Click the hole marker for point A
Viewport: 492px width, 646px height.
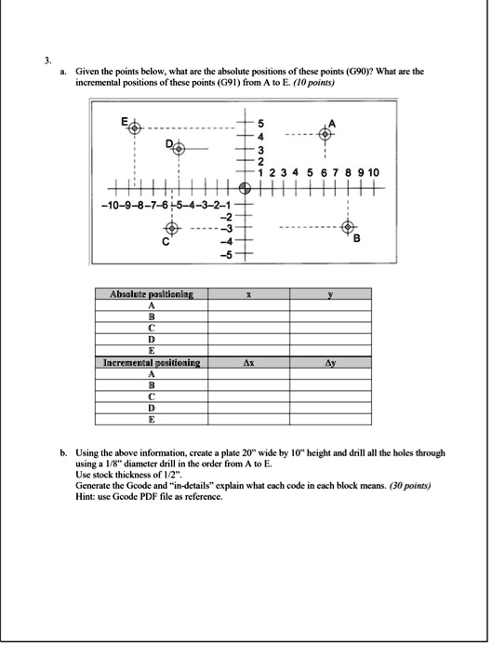(x=326, y=134)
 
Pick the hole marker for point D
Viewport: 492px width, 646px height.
(x=179, y=148)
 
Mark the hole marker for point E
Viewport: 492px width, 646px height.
(x=135, y=128)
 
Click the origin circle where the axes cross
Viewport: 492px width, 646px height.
(x=244, y=186)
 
